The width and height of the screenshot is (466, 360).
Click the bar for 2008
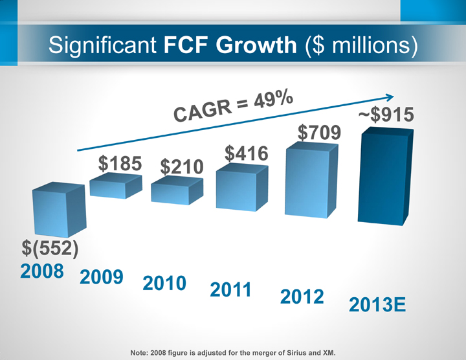pyautogui.click(x=58, y=210)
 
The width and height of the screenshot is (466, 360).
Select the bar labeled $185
pyautogui.click(x=115, y=186)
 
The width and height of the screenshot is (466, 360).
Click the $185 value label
pyautogui.click(x=120, y=164)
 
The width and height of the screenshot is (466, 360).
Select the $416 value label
pyautogui.click(x=247, y=153)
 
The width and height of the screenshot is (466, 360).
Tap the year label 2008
pyautogui.click(x=41, y=273)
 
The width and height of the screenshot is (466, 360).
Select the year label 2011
pyautogui.click(x=231, y=290)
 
